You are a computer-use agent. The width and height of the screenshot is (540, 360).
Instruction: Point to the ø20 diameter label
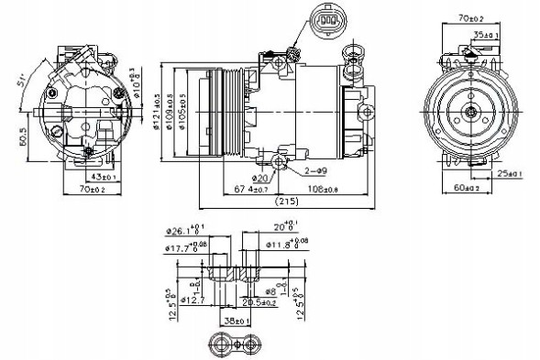point(260,178)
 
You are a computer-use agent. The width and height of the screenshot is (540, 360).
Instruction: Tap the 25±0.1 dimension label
point(509,174)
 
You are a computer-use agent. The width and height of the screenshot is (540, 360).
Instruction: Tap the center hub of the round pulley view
point(470,113)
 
